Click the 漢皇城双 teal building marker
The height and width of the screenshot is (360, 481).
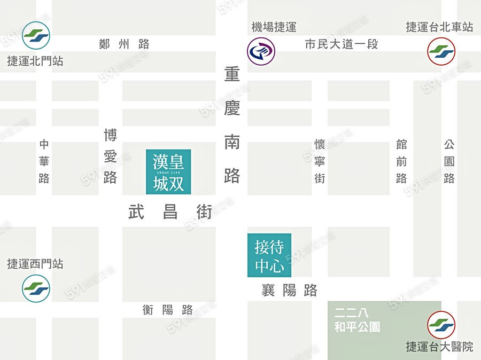(168, 172)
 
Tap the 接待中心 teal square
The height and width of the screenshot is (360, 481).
(269, 255)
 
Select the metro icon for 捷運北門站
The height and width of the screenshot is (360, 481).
(36, 35)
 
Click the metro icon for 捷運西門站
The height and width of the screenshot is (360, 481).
(36, 288)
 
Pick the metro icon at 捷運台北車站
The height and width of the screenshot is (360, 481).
(441, 51)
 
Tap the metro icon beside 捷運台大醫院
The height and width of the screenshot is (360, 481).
(441, 325)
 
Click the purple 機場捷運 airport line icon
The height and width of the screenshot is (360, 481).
(261, 51)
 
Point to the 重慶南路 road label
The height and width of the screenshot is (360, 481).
(232, 125)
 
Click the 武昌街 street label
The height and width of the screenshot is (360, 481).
(170, 213)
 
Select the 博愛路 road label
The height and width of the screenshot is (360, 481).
(110, 156)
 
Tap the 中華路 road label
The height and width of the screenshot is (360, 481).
(44, 161)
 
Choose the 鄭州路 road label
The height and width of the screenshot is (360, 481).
(124, 44)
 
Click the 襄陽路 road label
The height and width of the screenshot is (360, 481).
(289, 291)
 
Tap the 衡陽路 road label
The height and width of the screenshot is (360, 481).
(168, 310)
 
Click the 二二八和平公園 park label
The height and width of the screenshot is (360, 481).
(357, 320)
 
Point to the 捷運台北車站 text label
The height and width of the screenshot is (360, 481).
(439, 27)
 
